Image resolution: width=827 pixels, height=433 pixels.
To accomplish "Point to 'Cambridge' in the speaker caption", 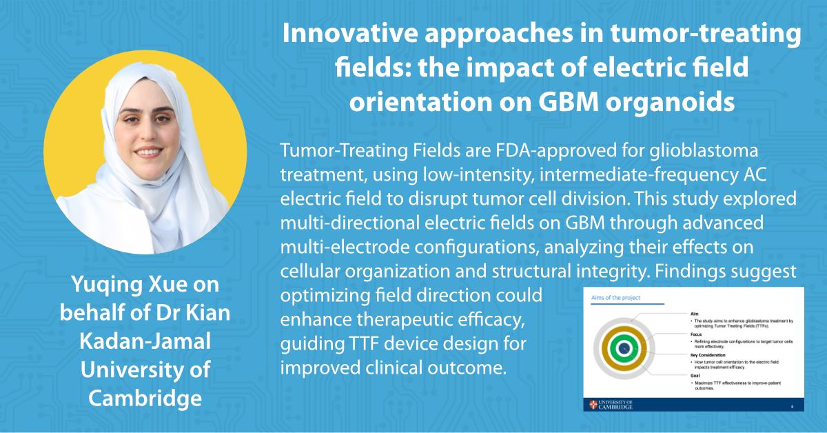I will [145, 399].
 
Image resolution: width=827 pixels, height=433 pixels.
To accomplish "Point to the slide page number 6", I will [792, 406].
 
